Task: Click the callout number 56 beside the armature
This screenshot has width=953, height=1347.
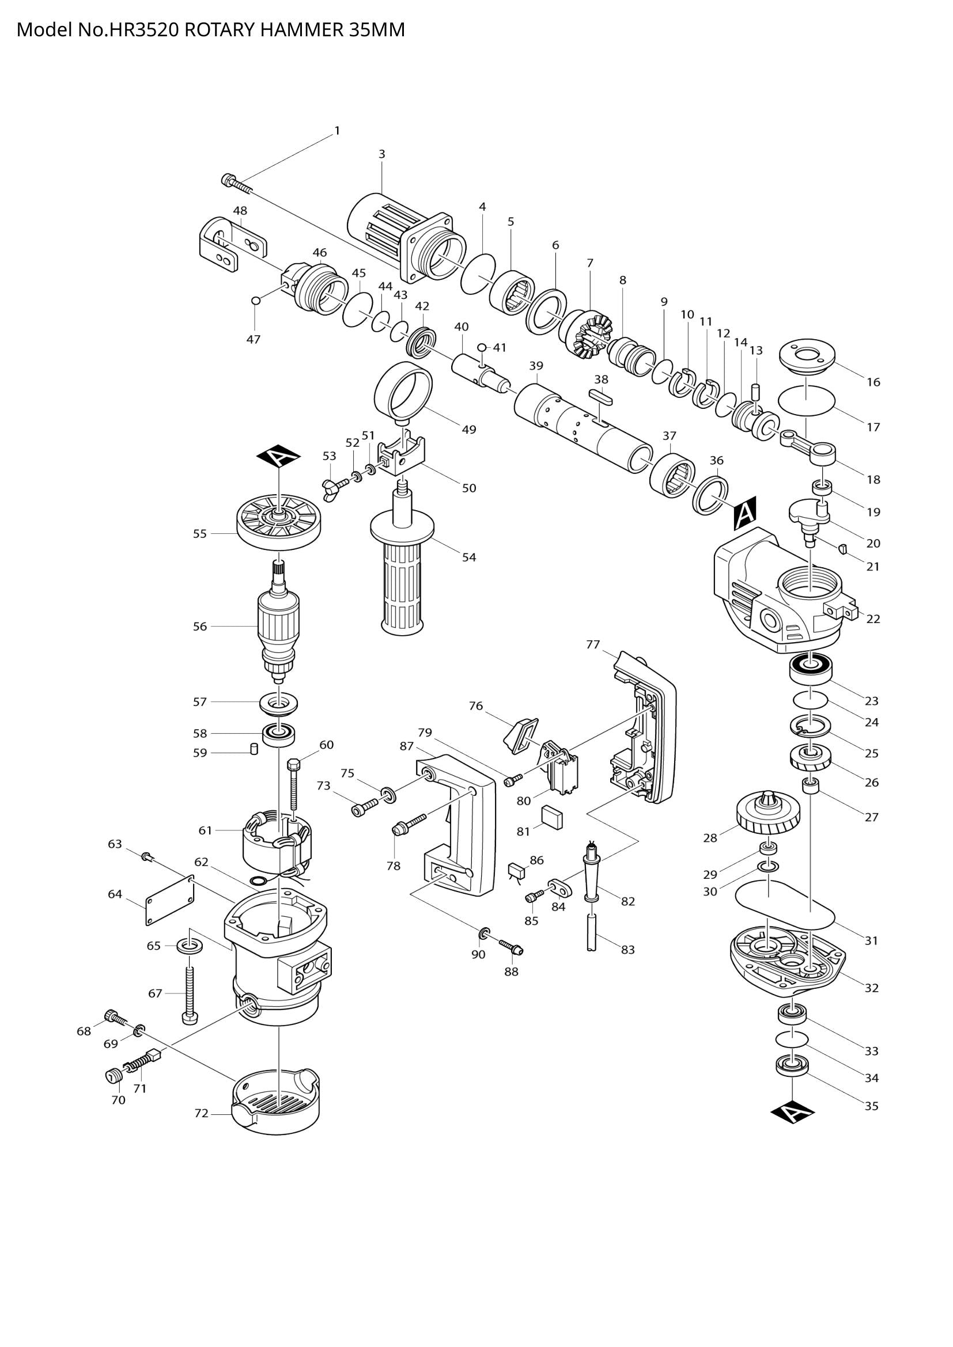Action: coord(200,626)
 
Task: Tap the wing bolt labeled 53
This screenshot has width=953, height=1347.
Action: coord(335,484)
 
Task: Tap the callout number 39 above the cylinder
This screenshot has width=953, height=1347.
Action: coord(536,366)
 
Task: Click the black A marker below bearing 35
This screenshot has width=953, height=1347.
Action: coord(792,1111)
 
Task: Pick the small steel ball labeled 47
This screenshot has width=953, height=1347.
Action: coord(255,301)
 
